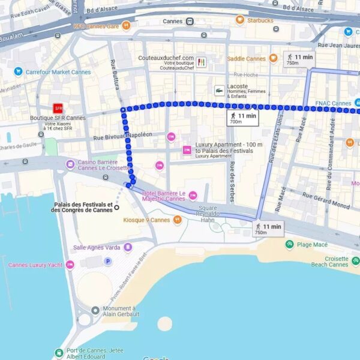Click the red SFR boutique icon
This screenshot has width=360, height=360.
click(x=58, y=108)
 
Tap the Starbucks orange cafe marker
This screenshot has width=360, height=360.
click(x=239, y=20)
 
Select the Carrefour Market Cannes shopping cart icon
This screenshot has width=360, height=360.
click(x=18, y=72)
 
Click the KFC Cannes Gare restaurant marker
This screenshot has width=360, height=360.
click(x=125, y=26)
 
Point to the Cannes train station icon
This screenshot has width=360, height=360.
click(x=190, y=22)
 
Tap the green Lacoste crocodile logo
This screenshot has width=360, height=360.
click(x=220, y=91)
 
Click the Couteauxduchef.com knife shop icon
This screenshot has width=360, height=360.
click(x=201, y=62)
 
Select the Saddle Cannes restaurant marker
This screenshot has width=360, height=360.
click(x=273, y=59)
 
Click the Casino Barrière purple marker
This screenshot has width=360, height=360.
click(x=71, y=164)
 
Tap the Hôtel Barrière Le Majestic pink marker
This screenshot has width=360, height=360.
click(x=193, y=195)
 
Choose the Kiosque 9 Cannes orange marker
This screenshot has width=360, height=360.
click(x=177, y=220)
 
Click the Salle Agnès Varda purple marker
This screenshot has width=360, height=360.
click(x=128, y=247)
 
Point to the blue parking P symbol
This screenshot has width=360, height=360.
click(x=108, y=261)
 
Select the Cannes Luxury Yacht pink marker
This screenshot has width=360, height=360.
click(x=70, y=265)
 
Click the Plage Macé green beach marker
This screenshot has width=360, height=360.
click(x=290, y=244)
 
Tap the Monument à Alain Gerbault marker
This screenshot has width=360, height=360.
click(x=95, y=310)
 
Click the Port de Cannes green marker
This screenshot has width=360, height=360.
click(x=59, y=353)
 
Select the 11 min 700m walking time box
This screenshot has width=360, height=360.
click(x=242, y=118)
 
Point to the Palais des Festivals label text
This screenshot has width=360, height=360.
click(x=82, y=207)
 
